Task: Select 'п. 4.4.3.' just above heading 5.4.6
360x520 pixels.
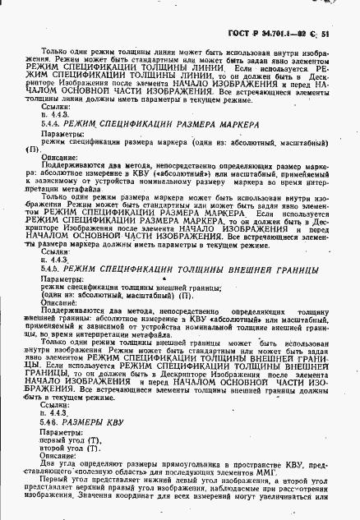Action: pyautogui.click(x=53, y=413)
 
